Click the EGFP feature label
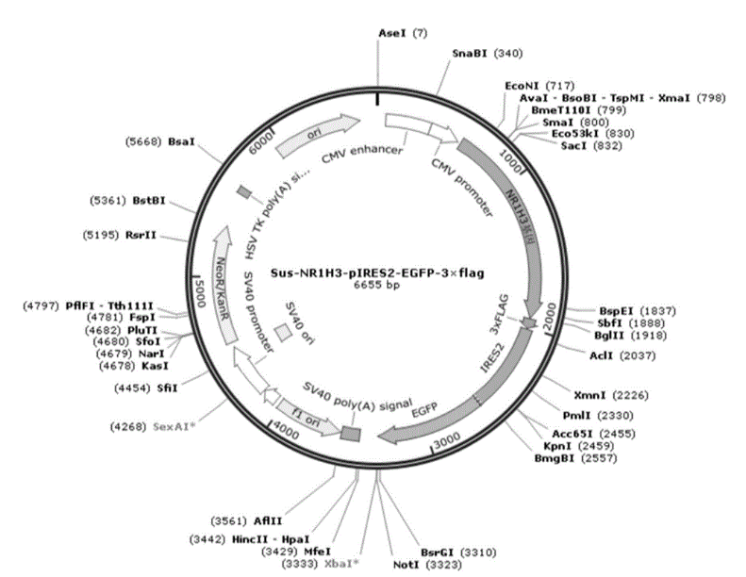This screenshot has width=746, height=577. click(x=437, y=413)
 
